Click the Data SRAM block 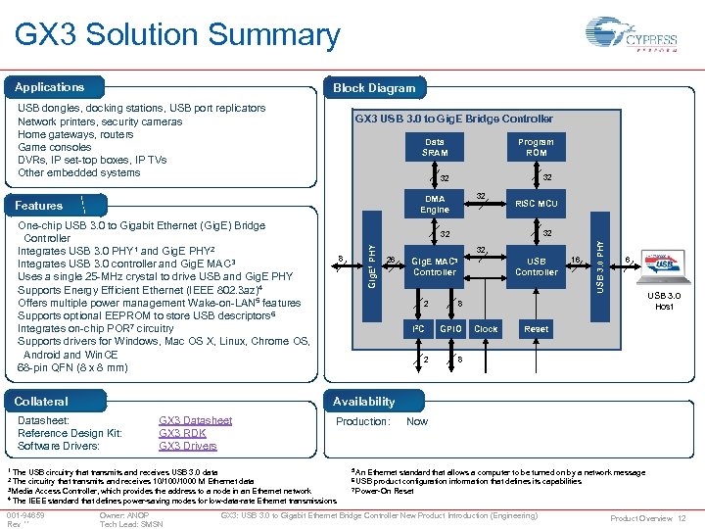pos(435,147)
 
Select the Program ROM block pos(536,147)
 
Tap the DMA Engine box pos(435,204)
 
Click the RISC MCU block pos(536,204)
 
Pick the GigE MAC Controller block pos(435,266)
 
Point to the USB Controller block pos(536,266)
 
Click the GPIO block pos(450,329)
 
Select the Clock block pos(486,329)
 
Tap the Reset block pos(536,329)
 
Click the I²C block pos(418,329)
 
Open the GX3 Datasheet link pos(195,420)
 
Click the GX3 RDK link pos(182,433)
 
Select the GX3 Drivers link pos(187,446)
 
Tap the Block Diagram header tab pos(374,87)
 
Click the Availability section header pos(363,401)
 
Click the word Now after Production pos(416,421)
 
